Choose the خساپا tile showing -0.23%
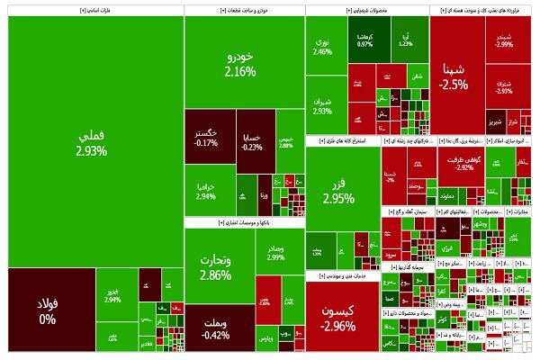click(252, 141)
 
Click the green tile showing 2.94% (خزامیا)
click(207, 191)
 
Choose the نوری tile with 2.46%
click(323, 47)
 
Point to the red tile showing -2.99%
click(503, 40)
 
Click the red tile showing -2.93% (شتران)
click(503, 86)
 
